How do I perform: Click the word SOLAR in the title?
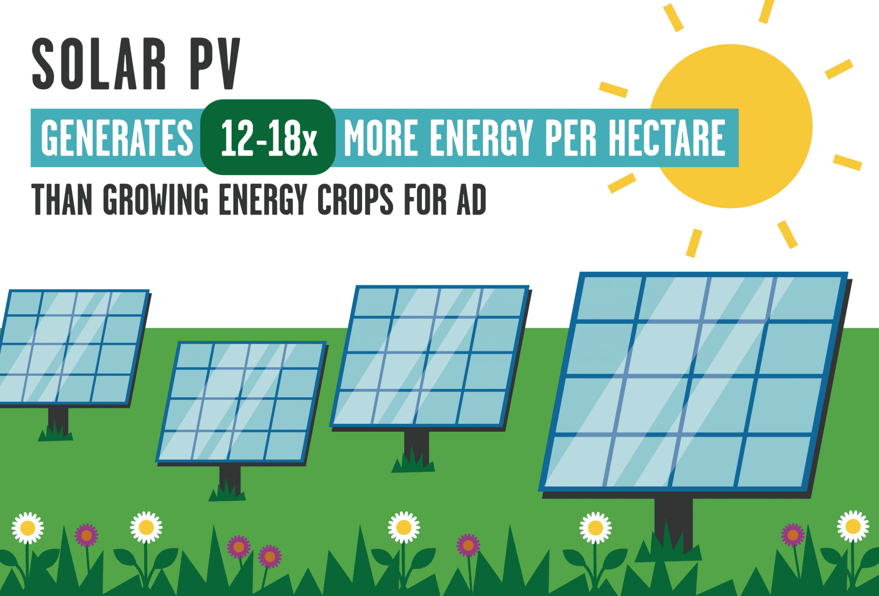98,64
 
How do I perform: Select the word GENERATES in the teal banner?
117,138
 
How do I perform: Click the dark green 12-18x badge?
268,137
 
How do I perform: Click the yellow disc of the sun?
731,126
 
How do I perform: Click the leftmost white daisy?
28,528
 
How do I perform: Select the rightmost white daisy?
853,526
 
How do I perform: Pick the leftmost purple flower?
87,535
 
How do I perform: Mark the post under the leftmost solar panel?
58,421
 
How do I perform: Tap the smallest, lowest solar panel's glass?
241,402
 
